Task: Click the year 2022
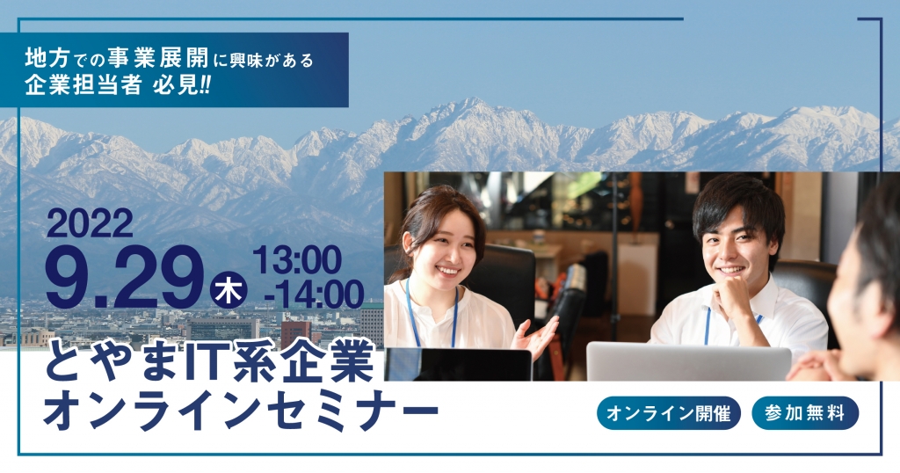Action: pyautogui.click(x=90, y=224)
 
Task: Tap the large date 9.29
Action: pyautogui.click(x=124, y=278)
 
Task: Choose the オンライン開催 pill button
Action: pyautogui.click(x=669, y=412)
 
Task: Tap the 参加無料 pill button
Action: pyautogui.click(x=805, y=412)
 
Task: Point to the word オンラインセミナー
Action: pyautogui.click(x=241, y=411)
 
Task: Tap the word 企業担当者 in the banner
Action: pyautogui.click(x=83, y=85)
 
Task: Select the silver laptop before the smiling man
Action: pyautogui.click(x=688, y=361)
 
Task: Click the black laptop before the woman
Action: pyautogui.click(x=458, y=364)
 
